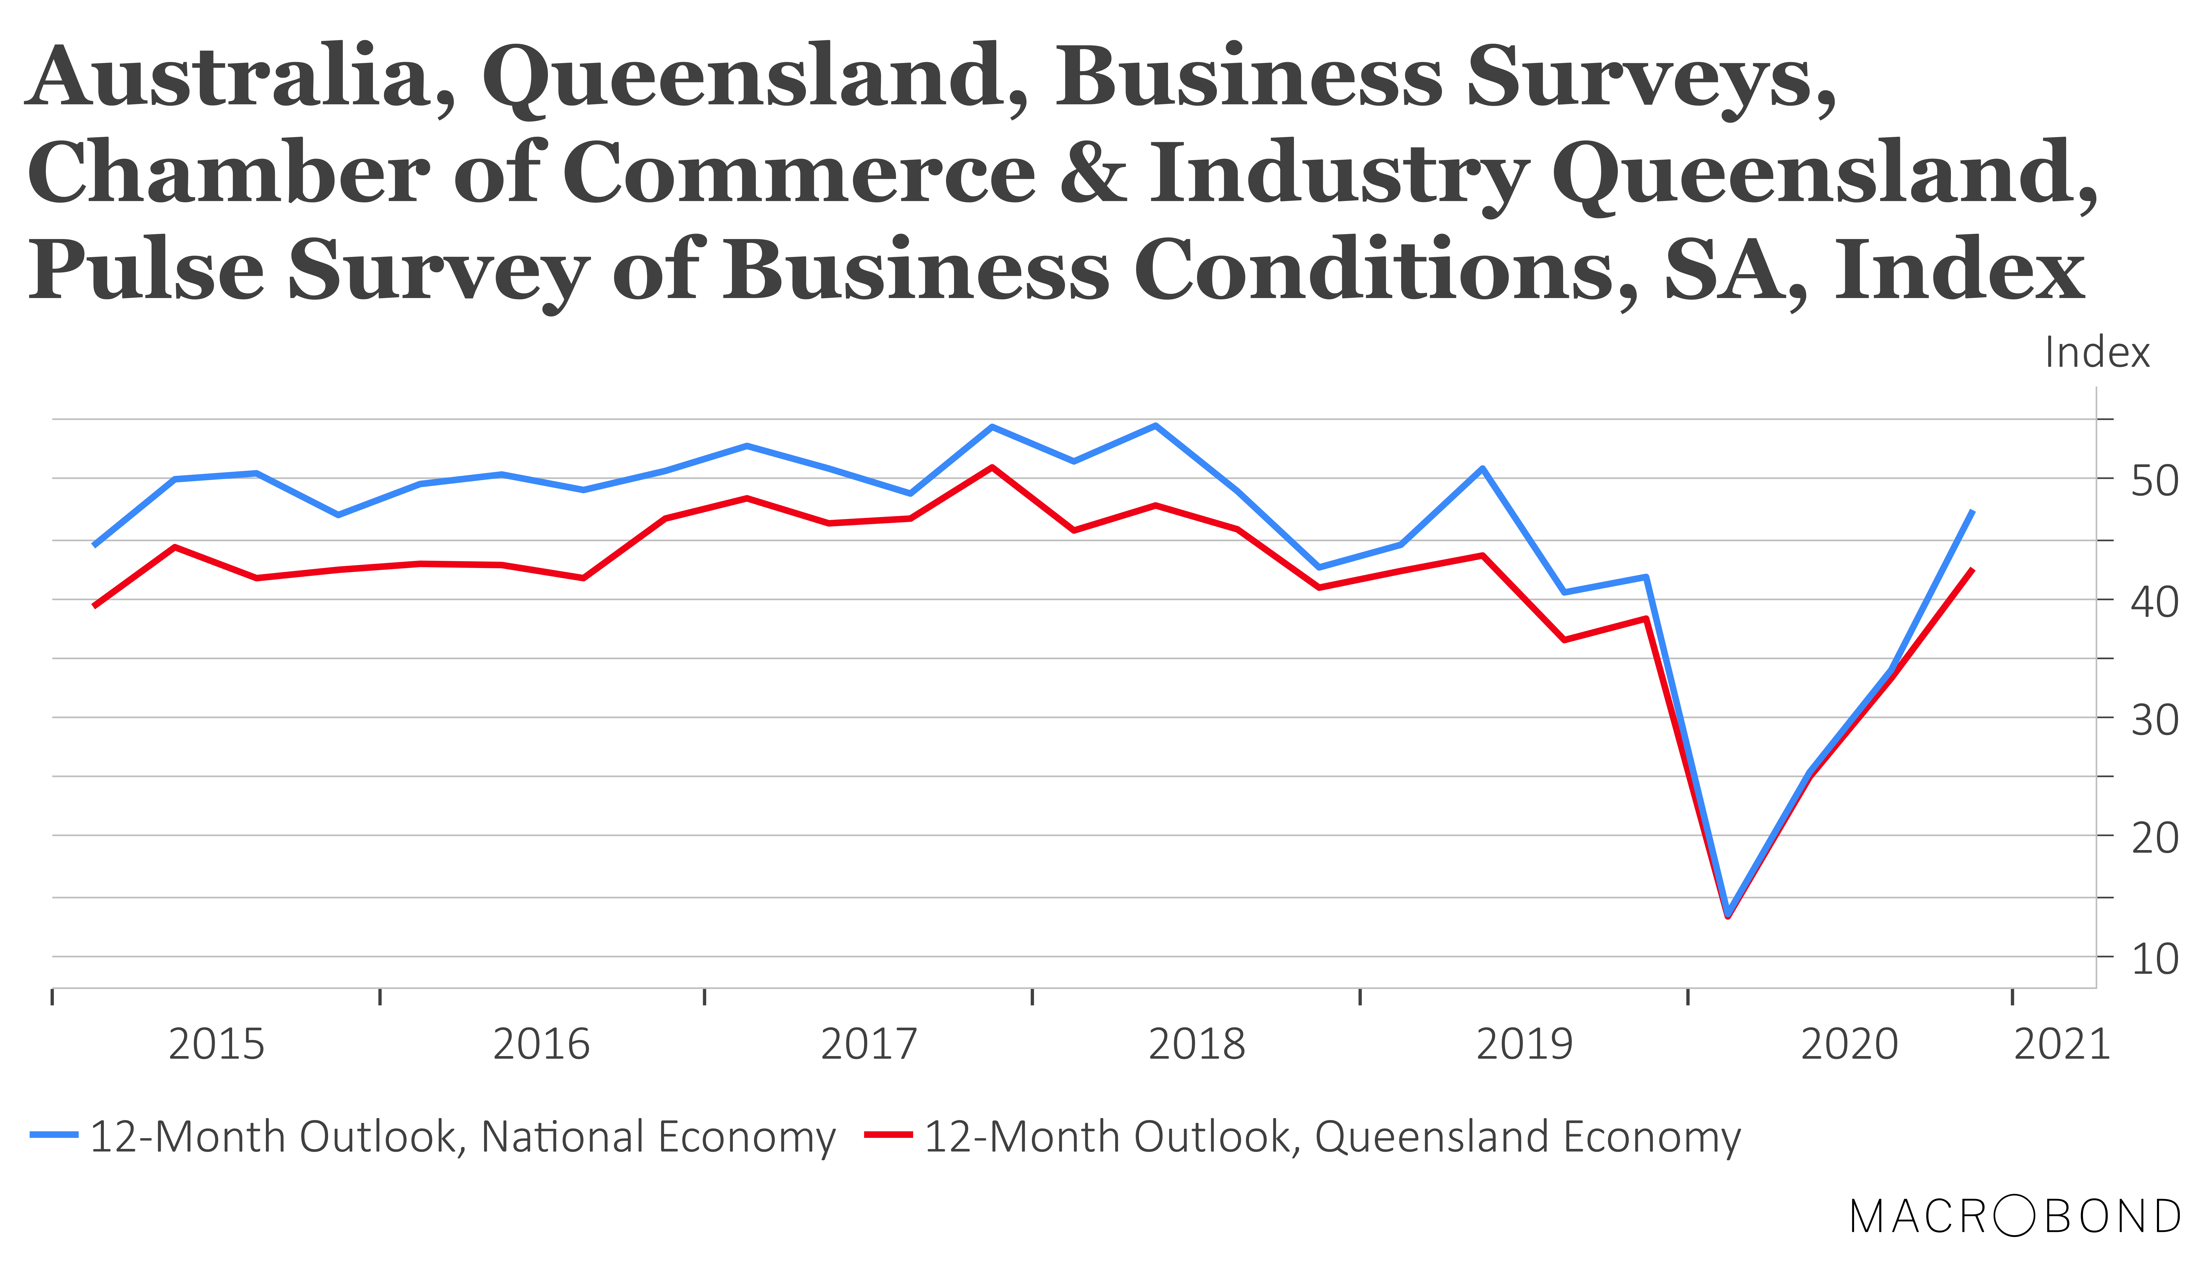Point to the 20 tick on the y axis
tap(2154, 839)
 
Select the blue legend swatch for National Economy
tap(54, 1135)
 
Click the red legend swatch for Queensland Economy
tap(888, 1135)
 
